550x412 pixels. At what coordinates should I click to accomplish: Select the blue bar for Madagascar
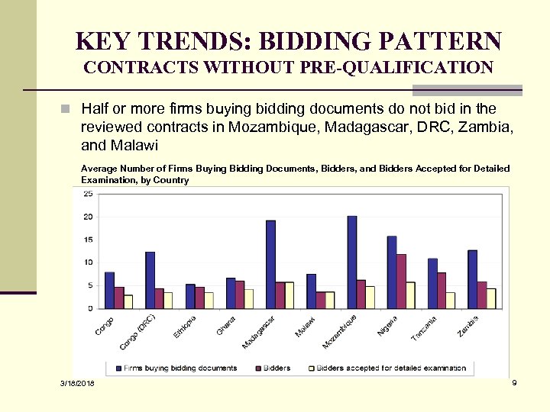[270, 264]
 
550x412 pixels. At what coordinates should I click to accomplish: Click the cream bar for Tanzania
[451, 300]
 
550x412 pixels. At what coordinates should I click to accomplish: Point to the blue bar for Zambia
[472, 279]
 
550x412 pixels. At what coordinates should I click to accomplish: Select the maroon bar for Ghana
[240, 295]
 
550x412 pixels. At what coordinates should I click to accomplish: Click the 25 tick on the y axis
[88, 194]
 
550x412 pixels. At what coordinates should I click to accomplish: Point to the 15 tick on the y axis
[88, 240]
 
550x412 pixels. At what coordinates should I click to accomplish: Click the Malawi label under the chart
[306, 327]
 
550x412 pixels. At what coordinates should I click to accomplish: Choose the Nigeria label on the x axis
[387, 327]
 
